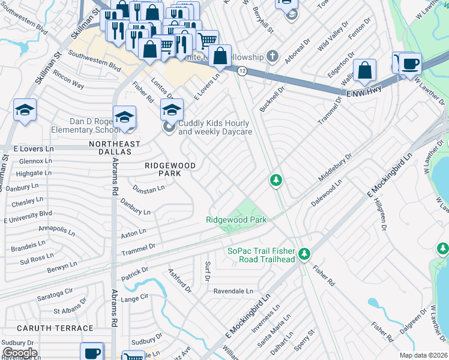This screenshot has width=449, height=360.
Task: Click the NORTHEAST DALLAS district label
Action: click(115, 144)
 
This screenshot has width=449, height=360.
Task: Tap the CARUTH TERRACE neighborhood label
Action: click(55, 328)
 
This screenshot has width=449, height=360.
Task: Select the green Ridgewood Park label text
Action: click(236, 220)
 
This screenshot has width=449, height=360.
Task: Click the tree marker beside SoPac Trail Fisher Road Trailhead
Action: click(305, 254)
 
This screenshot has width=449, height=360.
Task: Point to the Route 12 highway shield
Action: click(242, 71)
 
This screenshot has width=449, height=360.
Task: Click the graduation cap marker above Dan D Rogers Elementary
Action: click(124, 116)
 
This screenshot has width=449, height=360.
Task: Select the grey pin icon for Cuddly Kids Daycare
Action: click(169, 127)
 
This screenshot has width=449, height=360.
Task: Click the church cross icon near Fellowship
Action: click(273, 57)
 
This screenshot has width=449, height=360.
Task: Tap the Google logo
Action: click(19, 352)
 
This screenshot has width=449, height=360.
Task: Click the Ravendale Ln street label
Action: click(234, 291)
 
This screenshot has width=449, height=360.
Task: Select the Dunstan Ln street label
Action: click(149, 189)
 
